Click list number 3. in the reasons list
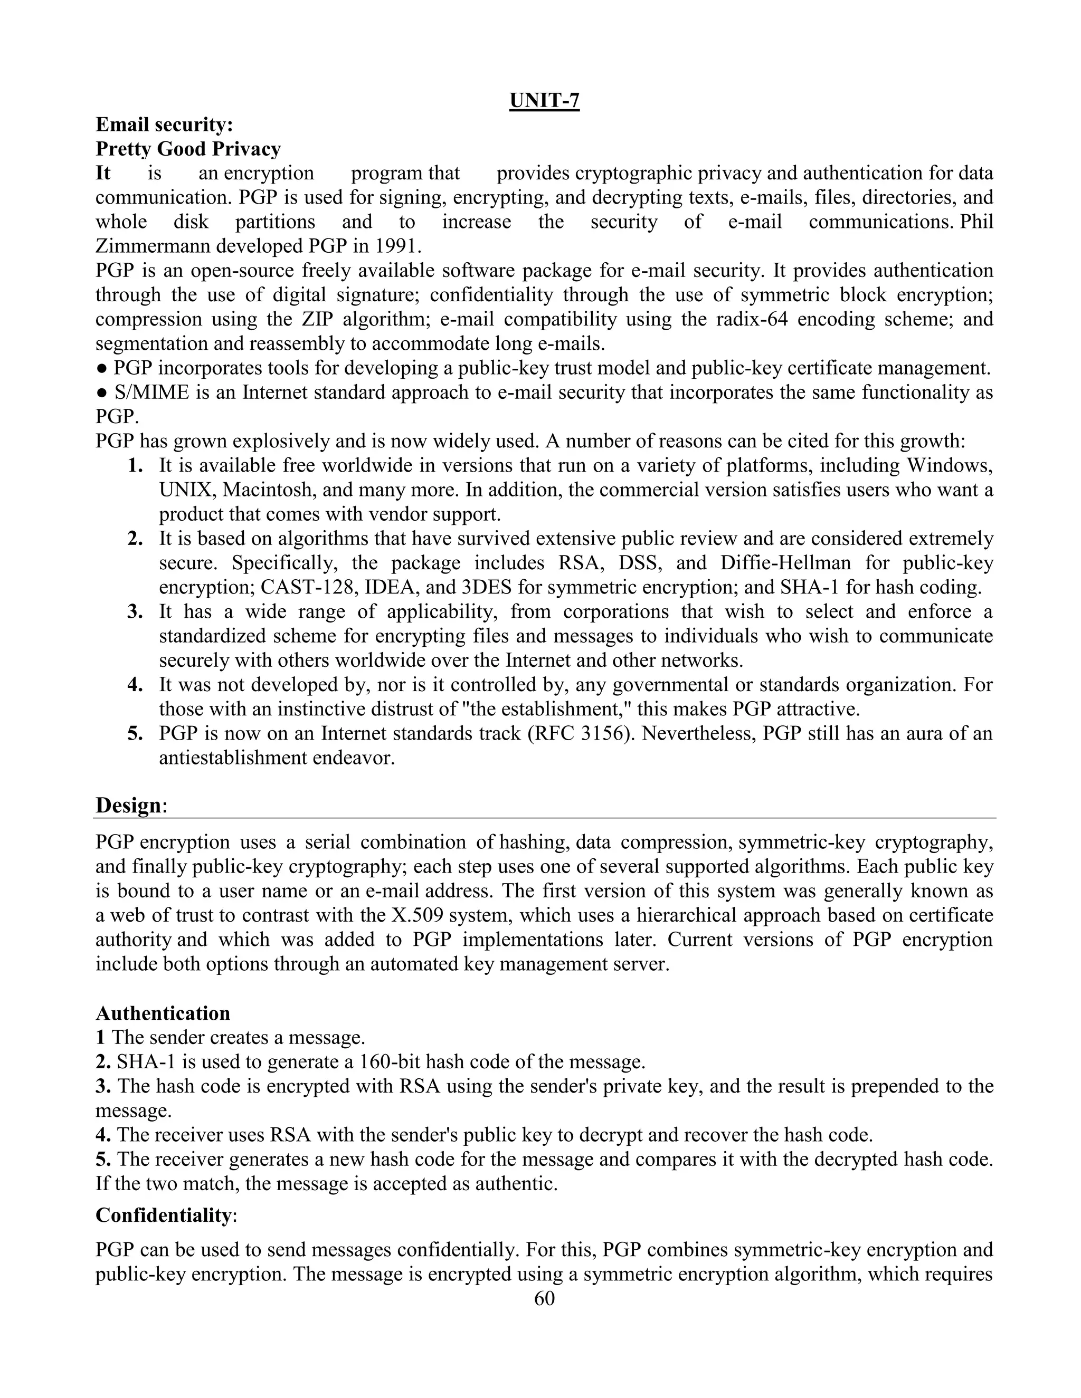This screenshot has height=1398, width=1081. (x=135, y=611)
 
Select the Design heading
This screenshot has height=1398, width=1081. (x=128, y=805)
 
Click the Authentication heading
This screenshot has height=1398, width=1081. (x=163, y=1013)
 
